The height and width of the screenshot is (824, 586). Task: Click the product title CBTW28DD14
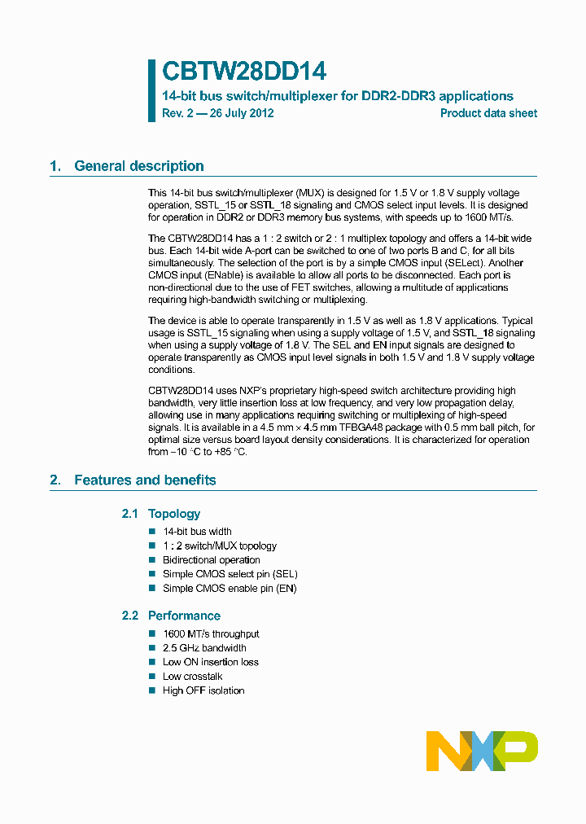click(x=244, y=72)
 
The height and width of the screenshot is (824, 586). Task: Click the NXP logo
click(x=482, y=751)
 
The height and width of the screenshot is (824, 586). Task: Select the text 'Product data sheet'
click(x=488, y=113)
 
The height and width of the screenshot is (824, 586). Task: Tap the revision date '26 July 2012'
click(x=242, y=113)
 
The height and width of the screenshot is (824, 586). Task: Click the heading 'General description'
click(x=138, y=166)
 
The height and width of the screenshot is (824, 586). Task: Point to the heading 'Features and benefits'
click(x=145, y=480)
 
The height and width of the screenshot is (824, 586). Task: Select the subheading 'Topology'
click(x=173, y=514)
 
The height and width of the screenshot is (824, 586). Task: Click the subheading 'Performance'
click(x=184, y=616)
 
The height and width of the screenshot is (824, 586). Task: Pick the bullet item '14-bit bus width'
click(x=197, y=532)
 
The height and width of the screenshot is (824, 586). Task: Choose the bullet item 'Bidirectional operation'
click(x=212, y=560)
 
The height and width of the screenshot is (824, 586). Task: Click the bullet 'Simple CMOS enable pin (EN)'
click(x=230, y=588)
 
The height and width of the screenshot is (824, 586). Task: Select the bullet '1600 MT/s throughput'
click(x=211, y=633)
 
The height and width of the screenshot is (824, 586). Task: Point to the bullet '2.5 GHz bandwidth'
click(x=204, y=648)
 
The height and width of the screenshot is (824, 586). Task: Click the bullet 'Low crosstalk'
click(x=192, y=677)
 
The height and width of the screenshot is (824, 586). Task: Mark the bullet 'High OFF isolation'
click(x=203, y=690)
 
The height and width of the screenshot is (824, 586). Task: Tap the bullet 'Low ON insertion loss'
click(x=211, y=662)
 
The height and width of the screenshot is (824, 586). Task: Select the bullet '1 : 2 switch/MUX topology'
click(x=220, y=546)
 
